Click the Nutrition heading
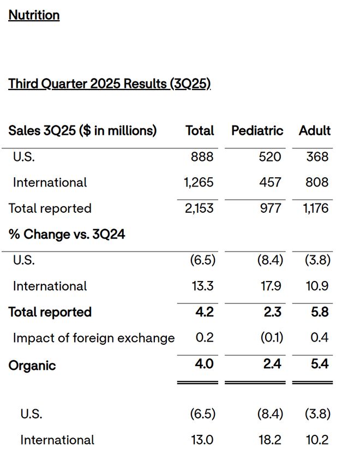click(x=34, y=15)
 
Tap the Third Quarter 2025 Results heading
click(x=109, y=83)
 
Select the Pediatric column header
click(x=257, y=130)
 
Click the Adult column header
click(x=315, y=130)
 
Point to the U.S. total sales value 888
click(x=202, y=157)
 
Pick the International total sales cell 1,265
click(x=199, y=183)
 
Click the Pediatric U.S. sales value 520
click(x=270, y=157)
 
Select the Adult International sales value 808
click(x=317, y=183)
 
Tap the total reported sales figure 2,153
click(x=199, y=208)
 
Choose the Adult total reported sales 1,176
click(x=316, y=208)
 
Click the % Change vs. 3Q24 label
click(x=67, y=234)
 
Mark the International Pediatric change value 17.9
click(x=271, y=286)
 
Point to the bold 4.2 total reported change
click(x=205, y=312)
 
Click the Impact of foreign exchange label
click(x=94, y=338)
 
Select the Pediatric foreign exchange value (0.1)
click(x=272, y=338)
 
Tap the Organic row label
click(x=32, y=366)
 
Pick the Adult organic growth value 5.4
click(x=320, y=364)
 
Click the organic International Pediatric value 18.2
click(x=270, y=440)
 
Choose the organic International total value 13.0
click(x=202, y=440)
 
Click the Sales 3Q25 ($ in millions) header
click(x=82, y=130)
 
